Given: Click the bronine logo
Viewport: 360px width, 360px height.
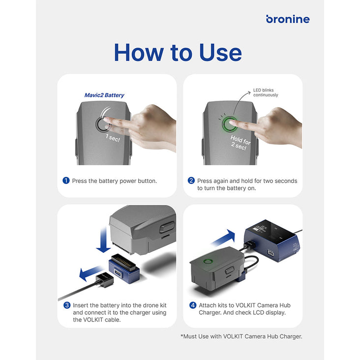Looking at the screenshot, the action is (288, 19).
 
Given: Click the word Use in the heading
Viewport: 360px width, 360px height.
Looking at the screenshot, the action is (220, 53).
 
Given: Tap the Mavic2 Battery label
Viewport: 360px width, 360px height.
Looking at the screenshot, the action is (104, 95).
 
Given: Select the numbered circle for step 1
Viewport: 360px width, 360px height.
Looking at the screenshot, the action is (66, 180).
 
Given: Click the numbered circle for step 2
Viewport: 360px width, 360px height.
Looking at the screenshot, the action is (191, 180).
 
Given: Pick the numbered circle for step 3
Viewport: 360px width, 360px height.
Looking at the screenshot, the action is (67, 305).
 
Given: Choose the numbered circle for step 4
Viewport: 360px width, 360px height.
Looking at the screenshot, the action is (193, 305).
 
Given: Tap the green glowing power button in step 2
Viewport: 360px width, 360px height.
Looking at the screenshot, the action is (230, 124).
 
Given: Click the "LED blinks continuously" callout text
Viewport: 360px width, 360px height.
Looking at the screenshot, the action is (266, 92).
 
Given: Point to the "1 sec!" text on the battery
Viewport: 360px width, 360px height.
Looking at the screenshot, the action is (113, 138).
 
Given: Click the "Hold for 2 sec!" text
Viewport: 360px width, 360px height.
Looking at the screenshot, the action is (240, 143).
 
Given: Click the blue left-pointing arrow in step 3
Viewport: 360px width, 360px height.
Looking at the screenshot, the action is (90, 273).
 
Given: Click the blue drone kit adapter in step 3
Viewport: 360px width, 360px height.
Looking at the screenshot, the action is (124, 268).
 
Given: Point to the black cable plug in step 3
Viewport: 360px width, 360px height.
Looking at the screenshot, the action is (104, 280).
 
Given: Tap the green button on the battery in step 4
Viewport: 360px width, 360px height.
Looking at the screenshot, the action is (208, 261).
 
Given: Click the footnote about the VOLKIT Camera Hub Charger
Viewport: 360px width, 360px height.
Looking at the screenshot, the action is (241, 336).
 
